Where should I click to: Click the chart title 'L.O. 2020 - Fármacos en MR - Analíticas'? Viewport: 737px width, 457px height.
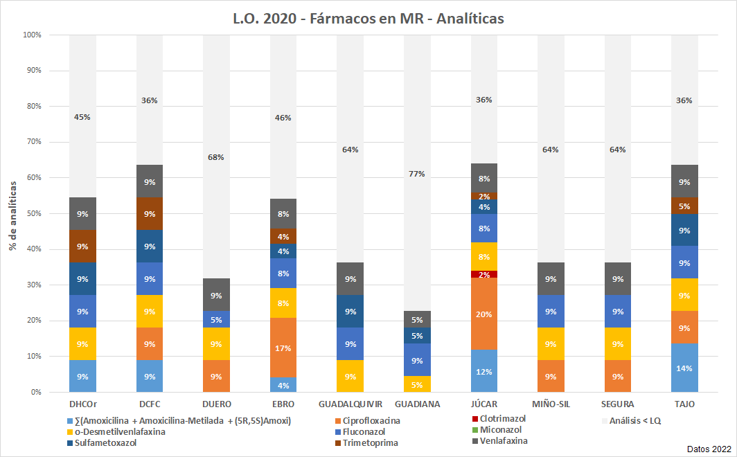368,19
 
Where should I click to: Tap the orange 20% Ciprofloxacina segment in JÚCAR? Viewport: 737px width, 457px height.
484,314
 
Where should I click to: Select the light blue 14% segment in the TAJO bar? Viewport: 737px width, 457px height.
685,368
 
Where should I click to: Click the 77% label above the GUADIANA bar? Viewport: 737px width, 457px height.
416,174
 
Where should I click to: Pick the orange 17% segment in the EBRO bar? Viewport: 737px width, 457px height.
283,348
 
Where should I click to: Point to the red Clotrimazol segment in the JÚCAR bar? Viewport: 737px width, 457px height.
484,274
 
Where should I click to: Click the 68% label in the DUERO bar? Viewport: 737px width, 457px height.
216,157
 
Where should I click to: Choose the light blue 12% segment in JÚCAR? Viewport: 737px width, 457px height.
484,371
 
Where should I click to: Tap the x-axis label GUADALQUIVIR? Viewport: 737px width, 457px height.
350,404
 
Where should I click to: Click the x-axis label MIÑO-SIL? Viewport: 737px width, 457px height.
551,404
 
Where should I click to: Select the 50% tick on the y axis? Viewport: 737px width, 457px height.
32,213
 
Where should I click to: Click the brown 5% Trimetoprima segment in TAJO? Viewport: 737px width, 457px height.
685,206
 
